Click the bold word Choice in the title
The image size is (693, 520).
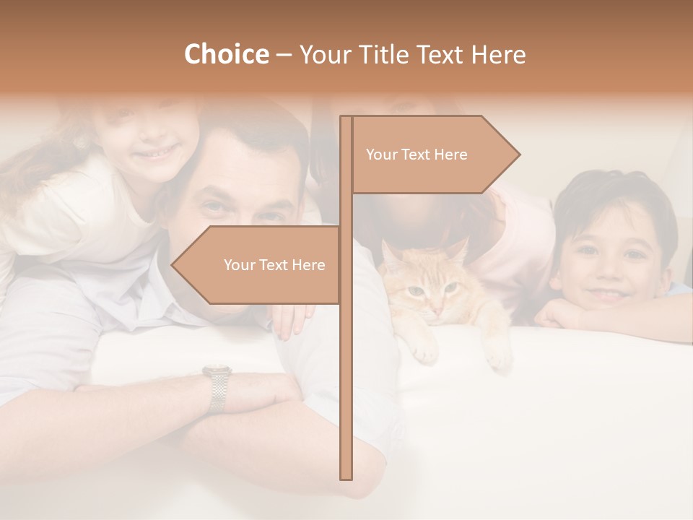click(226, 54)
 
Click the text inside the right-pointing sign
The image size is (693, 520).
click(417, 155)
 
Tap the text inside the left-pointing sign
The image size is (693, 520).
click(274, 265)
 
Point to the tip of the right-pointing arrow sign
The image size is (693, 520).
click(518, 154)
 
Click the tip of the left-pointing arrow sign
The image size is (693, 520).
click(173, 265)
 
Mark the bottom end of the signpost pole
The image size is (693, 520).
click(346, 477)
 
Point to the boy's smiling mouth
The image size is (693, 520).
click(608, 294)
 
